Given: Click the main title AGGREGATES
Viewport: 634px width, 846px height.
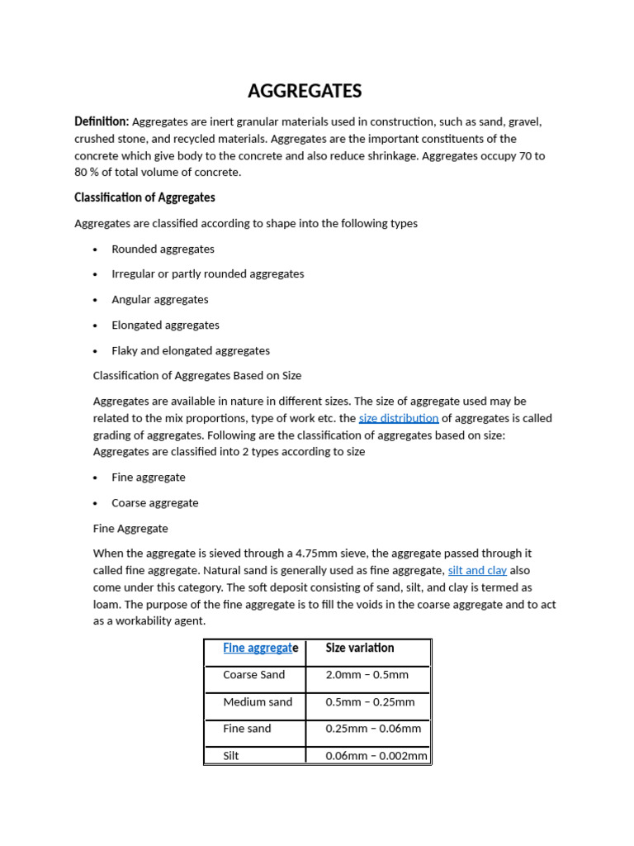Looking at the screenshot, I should [x=305, y=91].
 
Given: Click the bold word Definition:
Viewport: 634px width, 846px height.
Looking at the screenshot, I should [x=102, y=121].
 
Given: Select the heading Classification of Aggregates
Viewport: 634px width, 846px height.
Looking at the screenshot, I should [x=144, y=197].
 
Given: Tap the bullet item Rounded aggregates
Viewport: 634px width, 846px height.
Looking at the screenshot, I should [x=163, y=249].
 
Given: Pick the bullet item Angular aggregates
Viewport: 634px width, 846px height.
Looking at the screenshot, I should [x=160, y=299].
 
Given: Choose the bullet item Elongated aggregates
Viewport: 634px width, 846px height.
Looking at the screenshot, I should [x=165, y=325].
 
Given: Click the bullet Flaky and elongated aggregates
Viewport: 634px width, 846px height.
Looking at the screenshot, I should [x=191, y=350].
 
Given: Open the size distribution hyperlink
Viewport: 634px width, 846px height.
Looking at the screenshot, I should [x=399, y=418].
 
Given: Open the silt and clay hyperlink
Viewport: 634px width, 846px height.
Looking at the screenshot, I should [x=477, y=570].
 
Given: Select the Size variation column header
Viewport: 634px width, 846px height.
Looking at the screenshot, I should [x=360, y=648].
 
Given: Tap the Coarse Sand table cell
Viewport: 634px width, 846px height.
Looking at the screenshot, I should [x=253, y=675].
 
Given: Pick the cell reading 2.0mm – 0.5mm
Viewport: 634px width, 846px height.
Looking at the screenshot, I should [x=367, y=675].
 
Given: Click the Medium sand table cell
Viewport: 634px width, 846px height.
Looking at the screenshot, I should [x=258, y=702].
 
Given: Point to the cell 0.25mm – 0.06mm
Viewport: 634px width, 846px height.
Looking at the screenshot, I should [x=373, y=729].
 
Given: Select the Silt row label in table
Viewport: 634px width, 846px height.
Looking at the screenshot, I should [x=231, y=755].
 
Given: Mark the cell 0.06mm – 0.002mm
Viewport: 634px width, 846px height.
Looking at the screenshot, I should [x=376, y=755].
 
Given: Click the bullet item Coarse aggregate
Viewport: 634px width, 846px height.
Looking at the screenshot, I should [x=155, y=502].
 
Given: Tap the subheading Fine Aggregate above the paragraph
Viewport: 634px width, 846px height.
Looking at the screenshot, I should [x=130, y=528].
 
